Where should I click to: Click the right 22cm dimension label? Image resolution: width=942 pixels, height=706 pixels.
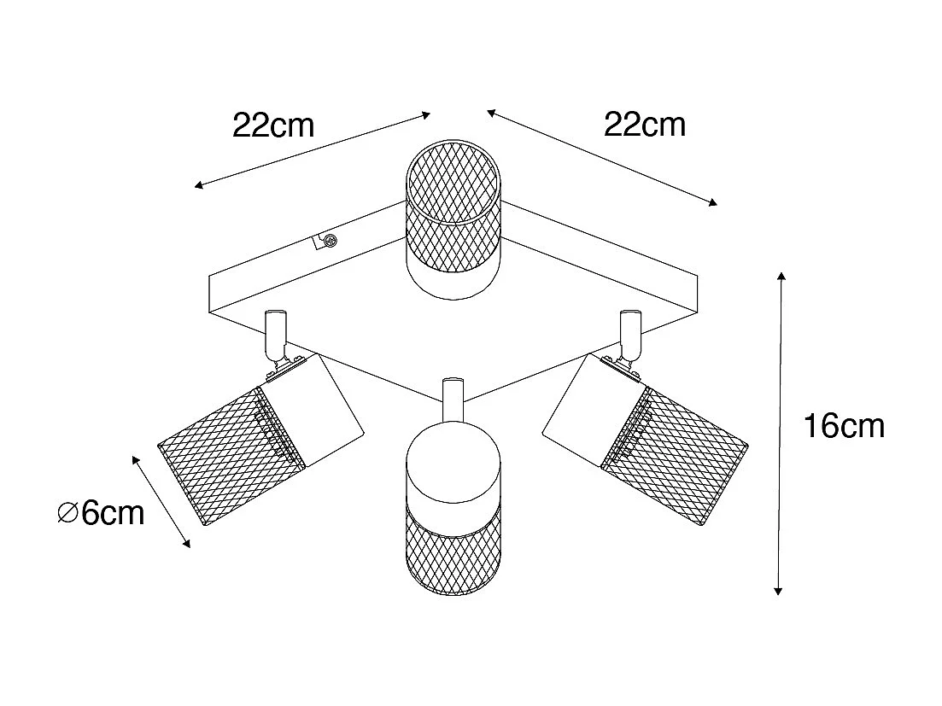click(645, 125)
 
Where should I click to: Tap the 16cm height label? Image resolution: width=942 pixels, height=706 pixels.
click(844, 426)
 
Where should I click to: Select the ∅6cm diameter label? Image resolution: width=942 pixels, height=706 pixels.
click(102, 513)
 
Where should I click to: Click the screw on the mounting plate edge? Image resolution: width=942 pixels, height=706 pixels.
click(329, 242)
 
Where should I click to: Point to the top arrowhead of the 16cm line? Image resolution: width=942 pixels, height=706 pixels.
click(781, 277)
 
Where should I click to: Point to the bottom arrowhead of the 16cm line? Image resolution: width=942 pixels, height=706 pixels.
click(778, 591)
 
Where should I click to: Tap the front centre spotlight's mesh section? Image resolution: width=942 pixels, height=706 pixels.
click(453, 549)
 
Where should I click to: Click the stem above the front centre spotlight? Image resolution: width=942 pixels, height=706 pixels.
click(453, 401)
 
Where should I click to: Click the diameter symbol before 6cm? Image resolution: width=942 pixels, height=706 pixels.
click(67, 514)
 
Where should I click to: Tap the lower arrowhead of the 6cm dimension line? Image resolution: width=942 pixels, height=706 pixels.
click(187, 543)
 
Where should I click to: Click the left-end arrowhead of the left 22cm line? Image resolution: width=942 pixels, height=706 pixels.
click(199, 185)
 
